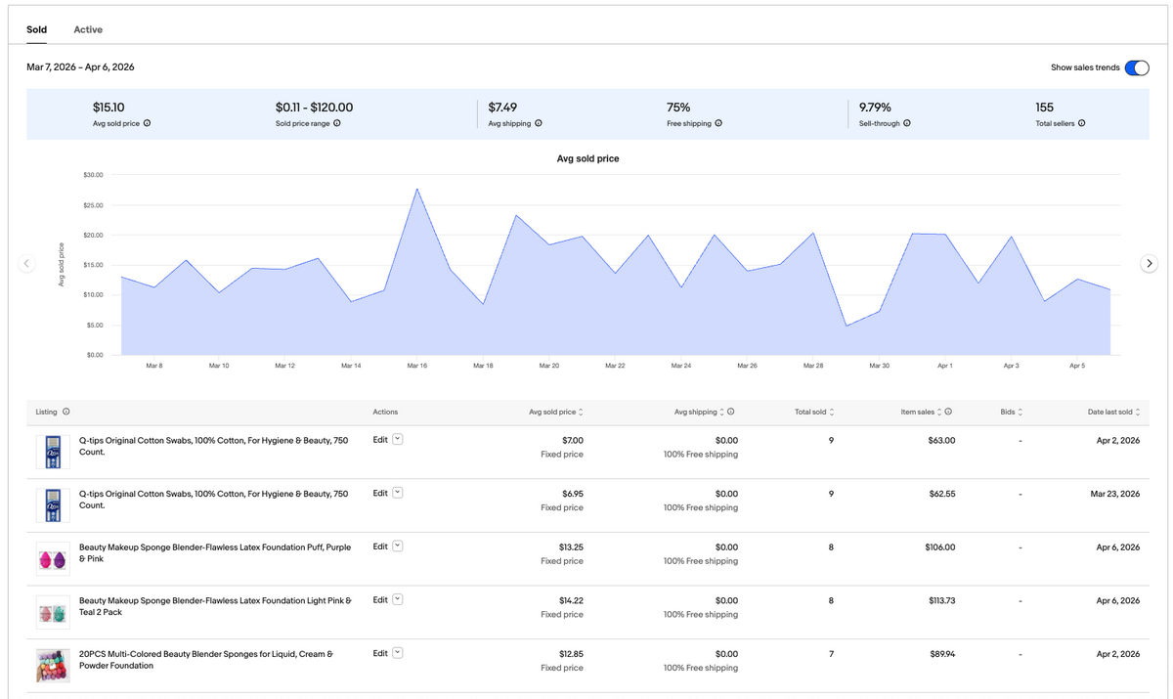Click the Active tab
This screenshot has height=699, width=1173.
[88, 29]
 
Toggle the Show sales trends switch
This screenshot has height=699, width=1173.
[1136, 67]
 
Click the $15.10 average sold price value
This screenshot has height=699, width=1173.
[108, 107]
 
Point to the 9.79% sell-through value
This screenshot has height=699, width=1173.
[875, 107]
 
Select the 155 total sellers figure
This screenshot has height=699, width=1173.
[1044, 107]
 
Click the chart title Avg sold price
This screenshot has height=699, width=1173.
[587, 158]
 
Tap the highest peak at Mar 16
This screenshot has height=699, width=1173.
[417, 189]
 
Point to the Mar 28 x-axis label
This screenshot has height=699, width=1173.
[812, 366]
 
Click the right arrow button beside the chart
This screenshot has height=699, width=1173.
[1150, 263]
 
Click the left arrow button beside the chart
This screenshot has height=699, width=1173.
[27, 263]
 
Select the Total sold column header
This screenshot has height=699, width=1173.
[810, 412]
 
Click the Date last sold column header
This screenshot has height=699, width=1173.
[1109, 412]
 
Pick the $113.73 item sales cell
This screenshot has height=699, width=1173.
[941, 600]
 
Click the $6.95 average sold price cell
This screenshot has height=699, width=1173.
[568, 494]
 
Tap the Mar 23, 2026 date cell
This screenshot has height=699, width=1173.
[1114, 494]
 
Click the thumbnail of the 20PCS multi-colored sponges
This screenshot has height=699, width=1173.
[53, 666]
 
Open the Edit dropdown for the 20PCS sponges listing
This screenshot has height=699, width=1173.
[398, 653]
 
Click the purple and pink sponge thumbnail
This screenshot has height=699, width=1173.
[53, 559]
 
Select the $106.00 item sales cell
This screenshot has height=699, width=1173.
[939, 547]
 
